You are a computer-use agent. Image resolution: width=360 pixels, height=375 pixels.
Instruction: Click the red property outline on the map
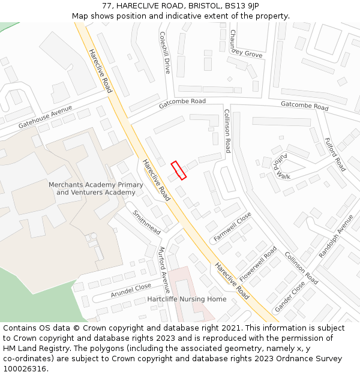click(x=178, y=170)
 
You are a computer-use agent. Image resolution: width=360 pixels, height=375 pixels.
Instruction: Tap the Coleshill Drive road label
click(x=165, y=53)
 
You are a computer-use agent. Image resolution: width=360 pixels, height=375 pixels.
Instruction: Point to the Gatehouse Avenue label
click(x=45, y=116)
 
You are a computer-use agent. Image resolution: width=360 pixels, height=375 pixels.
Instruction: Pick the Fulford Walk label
click(x=281, y=166)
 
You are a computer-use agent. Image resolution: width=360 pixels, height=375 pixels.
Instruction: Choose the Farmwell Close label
click(x=232, y=227)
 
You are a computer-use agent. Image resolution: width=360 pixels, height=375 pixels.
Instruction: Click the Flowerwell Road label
click(x=258, y=264)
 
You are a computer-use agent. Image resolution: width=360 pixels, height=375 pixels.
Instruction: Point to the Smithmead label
click(x=146, y=221)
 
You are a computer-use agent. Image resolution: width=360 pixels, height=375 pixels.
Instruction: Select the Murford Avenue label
click(x=164, y=269)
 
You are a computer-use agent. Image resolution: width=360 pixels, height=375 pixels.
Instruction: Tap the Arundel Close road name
click(x=131, y=292)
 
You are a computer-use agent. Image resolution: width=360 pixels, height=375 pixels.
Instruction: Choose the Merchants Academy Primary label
click(x=96, y=185)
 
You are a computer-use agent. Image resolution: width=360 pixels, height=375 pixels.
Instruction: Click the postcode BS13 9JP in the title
click(x=242, y=5)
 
